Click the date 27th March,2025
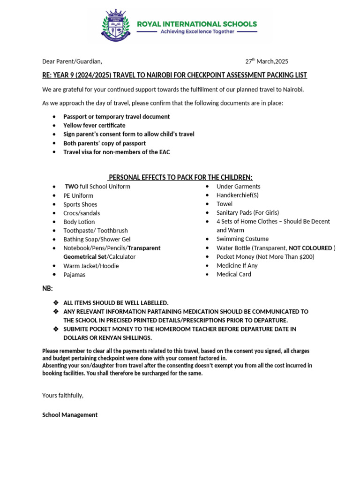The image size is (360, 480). [x=267, y=61]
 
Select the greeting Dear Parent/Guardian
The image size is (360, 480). [x=72, y=61]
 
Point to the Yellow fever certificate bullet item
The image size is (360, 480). [x=94, y=125]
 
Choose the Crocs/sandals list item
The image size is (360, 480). [x=82, y=213]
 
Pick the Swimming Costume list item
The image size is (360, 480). [x=242, y=239]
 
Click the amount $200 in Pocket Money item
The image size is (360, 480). [x=306, y=257]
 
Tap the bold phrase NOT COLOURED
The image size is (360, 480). [x=310, y=248]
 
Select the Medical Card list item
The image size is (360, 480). [x=233, y=274]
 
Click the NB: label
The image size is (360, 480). [x=48, y=288]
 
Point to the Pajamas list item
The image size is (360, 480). [x=75, y=275]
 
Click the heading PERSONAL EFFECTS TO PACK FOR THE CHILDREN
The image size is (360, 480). [x=180, y=177]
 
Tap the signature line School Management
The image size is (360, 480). [x=70, y=415]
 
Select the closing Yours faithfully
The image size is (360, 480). [x=63, y=395]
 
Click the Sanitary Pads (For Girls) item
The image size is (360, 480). [x=247, y=213]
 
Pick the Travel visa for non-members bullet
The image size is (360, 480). [x=116, y=152]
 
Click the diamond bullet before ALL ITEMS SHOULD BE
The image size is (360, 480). [x=56, y=303]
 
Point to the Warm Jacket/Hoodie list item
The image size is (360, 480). [x=91, y=266]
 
